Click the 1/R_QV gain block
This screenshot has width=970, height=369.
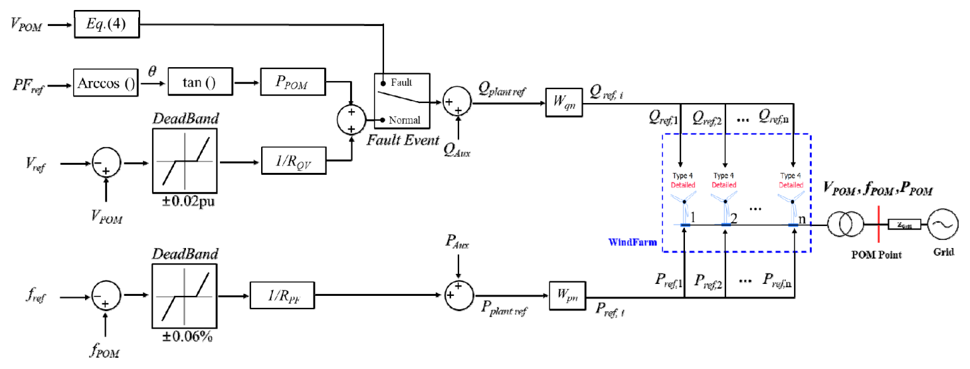click(x=294, y=160)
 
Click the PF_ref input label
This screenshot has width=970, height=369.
click(x=29, y=85)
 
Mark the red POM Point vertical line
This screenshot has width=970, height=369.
click(x=878, y=225)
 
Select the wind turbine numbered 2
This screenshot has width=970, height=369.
click(x=725, y=199)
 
